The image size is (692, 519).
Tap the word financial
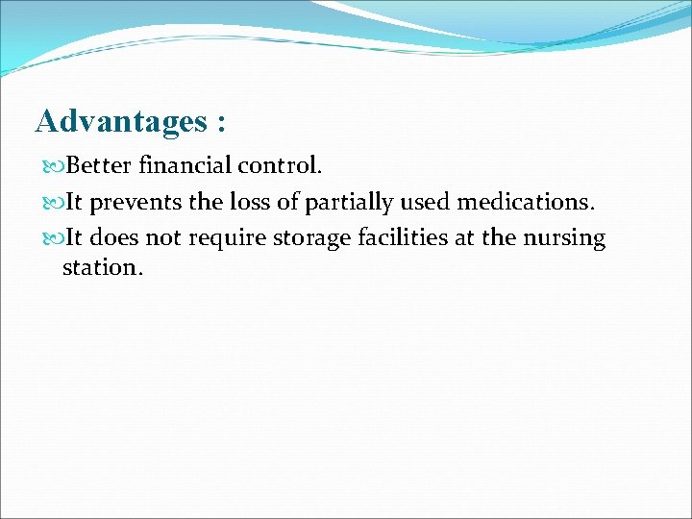click(x=185, y=166)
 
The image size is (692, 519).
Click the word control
click(x=280, y=166)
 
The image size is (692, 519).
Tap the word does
click(x=115, y=238)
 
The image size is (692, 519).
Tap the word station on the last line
click(x=102, y=267)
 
